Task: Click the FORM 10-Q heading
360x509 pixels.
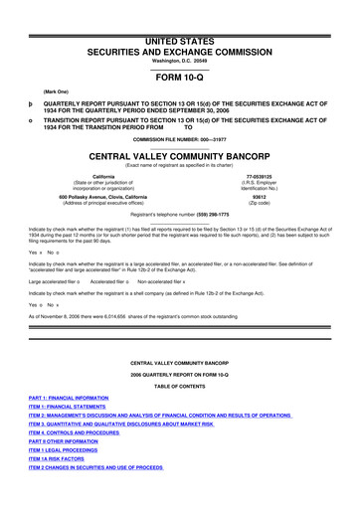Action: (x=179, y=77)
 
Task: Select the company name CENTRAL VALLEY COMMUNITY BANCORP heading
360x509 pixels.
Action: (x=179, y=157)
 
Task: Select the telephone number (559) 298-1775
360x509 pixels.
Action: (x=208, y=215)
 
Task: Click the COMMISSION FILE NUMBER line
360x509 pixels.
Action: (x=179, y=140)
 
